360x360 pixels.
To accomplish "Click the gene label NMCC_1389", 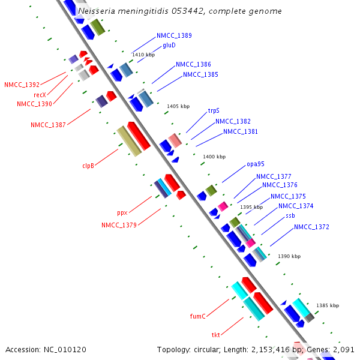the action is [x=174, y=35].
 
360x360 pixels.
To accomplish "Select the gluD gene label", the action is [x=169, y=45].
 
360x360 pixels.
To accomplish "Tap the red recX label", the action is [x=40, y=95].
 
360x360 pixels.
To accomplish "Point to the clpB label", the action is [x=88, y=166].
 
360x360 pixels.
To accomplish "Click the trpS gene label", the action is [x=214, y=110].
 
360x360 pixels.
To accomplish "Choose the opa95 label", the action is [x=256, y=164].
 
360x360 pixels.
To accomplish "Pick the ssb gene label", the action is [x=290, y=216].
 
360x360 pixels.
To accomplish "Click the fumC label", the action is [x=197, y=316].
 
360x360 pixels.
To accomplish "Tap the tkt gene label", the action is [x=215, y=335].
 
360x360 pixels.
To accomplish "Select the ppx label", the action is [x=122, y=213].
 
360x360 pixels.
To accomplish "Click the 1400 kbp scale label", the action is [x=214, y=157].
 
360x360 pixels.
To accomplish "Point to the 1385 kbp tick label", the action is [x=328, y=305].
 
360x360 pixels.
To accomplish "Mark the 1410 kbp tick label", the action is [x=143, y=55].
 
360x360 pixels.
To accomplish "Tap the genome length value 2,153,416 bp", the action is [x=277, y=350].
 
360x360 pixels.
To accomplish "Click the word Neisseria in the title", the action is [x=97, y=11].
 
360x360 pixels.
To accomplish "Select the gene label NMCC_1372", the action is [x=311, y=227].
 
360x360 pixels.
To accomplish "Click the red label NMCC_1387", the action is [x=48, y=125].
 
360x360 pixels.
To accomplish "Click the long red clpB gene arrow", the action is [x=139, y=136].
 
